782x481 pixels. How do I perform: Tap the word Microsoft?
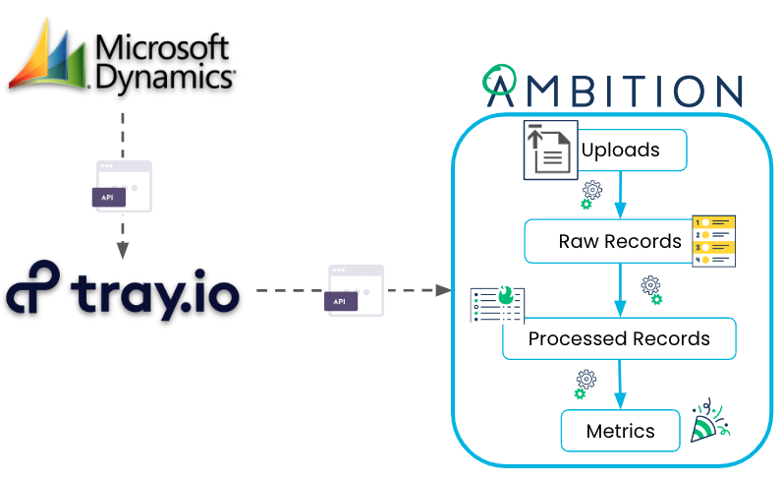click(163, 46)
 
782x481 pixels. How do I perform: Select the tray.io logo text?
click(123, 290)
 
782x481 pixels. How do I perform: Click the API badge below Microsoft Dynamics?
click(109, 197)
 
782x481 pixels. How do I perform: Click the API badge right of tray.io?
click(340, 301)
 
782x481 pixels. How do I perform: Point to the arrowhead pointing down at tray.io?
click(123, 250)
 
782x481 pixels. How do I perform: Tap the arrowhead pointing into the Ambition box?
click(443, 290)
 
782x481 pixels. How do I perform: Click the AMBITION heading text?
click(614, 89)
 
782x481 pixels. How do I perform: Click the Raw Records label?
click(620, 241)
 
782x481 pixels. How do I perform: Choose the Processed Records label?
click(619, 338)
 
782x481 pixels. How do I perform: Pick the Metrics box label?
click(620, 431)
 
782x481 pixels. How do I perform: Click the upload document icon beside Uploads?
click(549, 151)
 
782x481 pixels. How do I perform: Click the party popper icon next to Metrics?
click(712, 421)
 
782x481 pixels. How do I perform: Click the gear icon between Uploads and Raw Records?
click(590, 193)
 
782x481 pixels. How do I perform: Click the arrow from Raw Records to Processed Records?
click(620, 290)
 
